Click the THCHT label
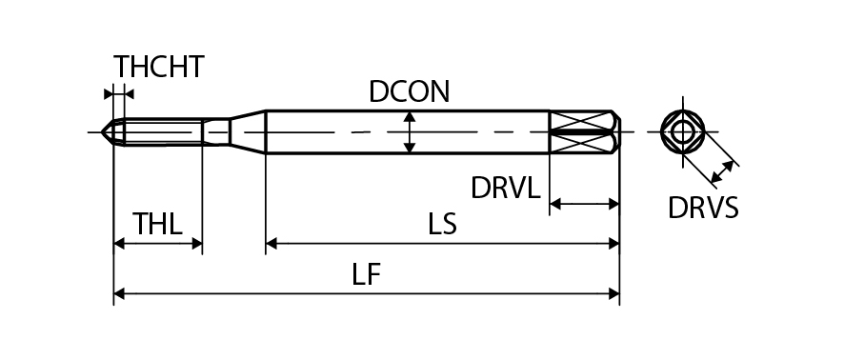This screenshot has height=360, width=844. tap(159, 67)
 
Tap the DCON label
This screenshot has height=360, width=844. tap(409, 92)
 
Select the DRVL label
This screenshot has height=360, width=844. tap(506, 188)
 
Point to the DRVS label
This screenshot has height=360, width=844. tap(703, 208)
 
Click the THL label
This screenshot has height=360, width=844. tap(158, 224)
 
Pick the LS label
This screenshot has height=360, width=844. tap(442, 224)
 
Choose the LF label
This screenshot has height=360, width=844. tap(367, 274)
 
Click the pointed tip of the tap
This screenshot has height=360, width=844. tap(102, 131)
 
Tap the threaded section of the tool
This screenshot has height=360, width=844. tap(163, 131)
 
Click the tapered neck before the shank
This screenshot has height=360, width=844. tap(248, 131)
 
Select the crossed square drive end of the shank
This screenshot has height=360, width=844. tap(584, 131)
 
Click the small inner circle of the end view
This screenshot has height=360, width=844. tap(682, 131)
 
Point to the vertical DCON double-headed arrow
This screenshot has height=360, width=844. tap(410, 131)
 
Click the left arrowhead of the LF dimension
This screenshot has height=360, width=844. tap(119, 294)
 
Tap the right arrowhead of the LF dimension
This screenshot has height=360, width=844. tap(613, 294)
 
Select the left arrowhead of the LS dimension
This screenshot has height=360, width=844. tap(271, 244)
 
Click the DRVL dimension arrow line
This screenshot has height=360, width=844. tap(584, 204)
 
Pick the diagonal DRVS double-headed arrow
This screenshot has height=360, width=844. tap(722, 171)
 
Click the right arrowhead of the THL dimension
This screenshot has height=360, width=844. tap(196, 244)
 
